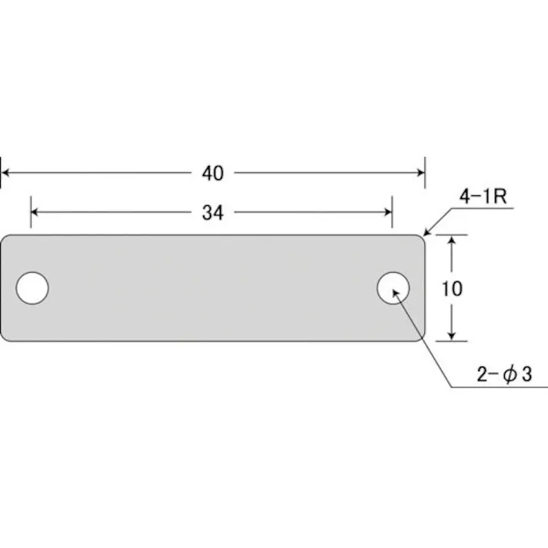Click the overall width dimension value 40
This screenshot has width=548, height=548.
[x=213, y=174]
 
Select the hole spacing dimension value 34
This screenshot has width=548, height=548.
[x=213, y=213]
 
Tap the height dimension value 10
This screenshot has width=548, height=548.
[x=453, y=288]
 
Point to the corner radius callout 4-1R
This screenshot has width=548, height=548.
[x=481, y=197]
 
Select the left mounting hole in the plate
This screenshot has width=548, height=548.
[x=32, y=287]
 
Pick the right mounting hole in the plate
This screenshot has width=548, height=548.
[x=393, y=287]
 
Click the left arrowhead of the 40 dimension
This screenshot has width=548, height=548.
[x=6, y=174]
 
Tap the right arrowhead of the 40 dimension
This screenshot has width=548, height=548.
[x=419, y=174]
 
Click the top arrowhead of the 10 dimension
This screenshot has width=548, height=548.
[x=453, y=241]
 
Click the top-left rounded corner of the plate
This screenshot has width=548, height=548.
[x=4, y=238]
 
